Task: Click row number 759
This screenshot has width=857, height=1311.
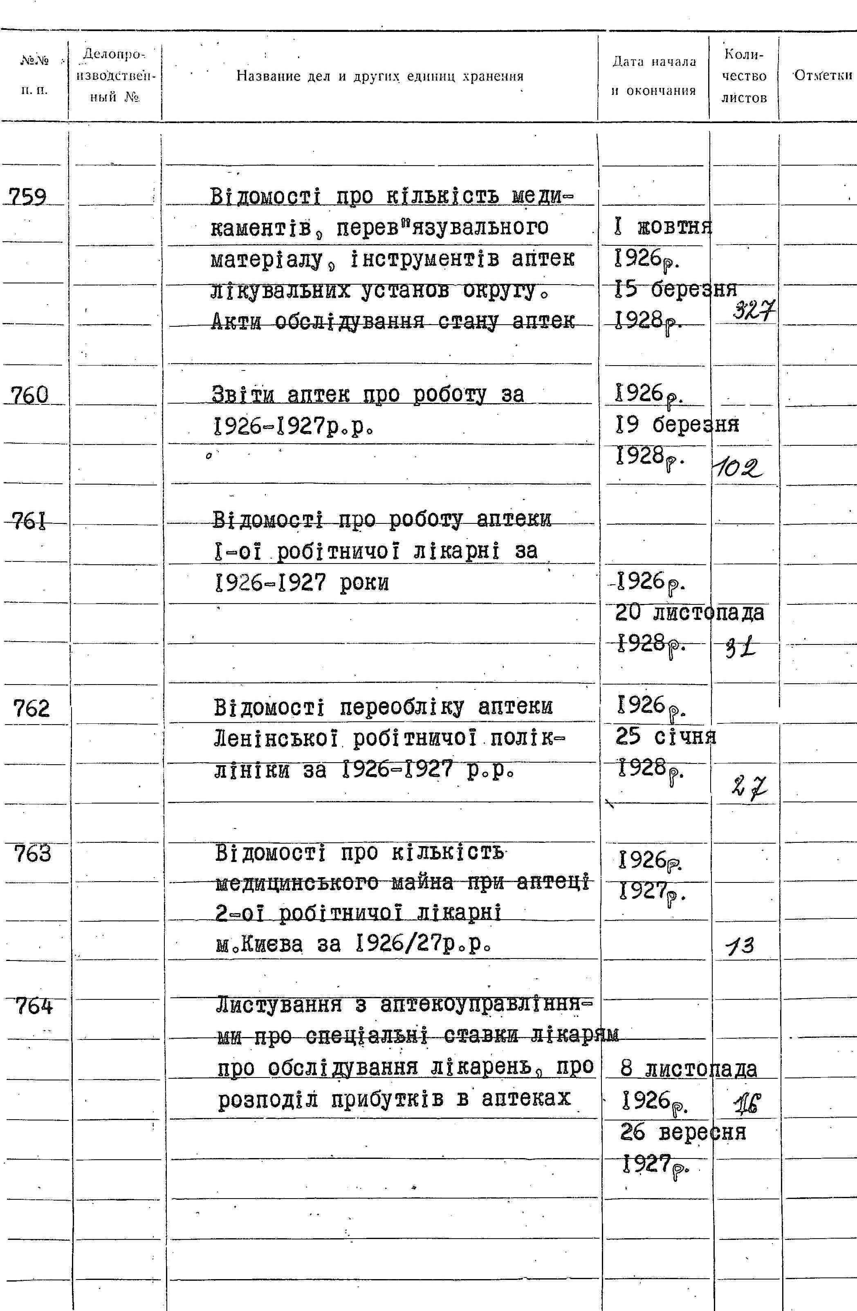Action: (27, 197)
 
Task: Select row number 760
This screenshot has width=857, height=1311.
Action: (30, 395)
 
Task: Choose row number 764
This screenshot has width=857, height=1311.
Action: (34, 1007)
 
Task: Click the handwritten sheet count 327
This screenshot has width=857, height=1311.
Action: (754, 312)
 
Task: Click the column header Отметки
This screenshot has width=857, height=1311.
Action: (823, 76)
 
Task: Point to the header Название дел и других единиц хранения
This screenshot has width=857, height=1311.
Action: (379, 76)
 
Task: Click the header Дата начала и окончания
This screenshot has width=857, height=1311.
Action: (654, 76)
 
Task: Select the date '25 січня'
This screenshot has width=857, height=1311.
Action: (665, 737)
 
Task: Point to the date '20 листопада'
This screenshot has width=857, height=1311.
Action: (689, 612)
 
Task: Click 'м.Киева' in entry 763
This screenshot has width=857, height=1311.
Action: (259, 945)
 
